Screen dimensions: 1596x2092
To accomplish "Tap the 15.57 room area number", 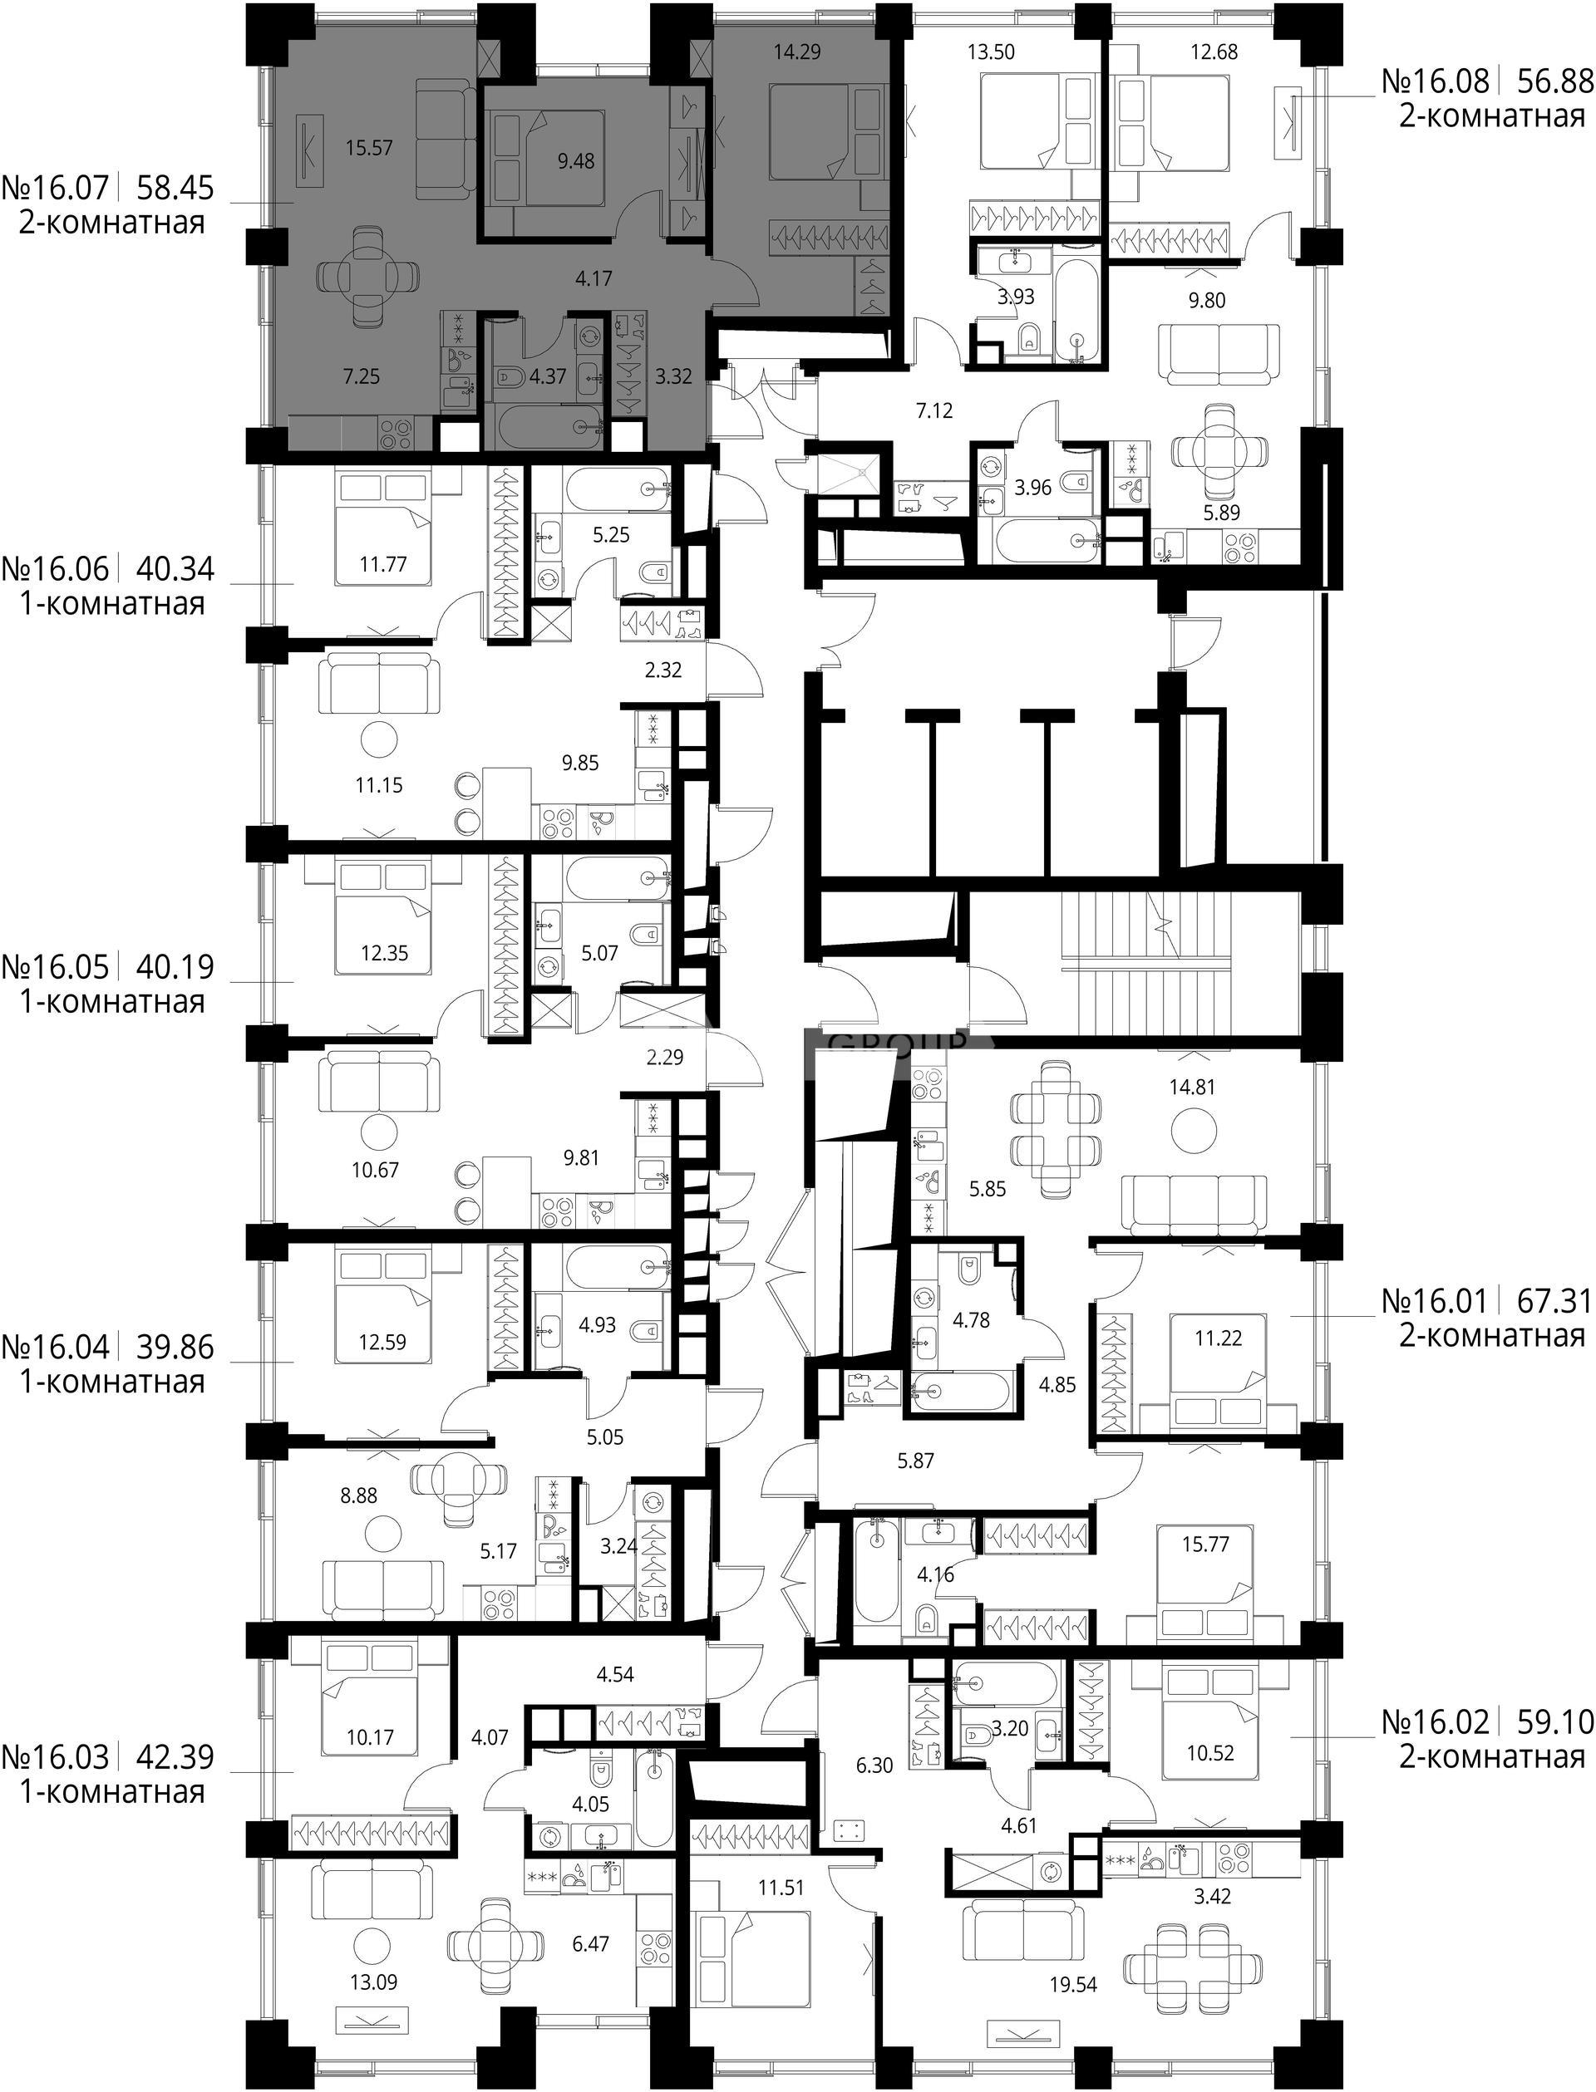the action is click(370, 147).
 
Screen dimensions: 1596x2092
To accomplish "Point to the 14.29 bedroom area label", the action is click(796, 52).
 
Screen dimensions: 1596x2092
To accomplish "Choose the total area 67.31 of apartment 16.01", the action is click(1554, 1300).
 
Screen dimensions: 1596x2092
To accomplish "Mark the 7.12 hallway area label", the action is click(933, 410).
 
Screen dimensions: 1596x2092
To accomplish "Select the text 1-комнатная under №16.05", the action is click(112, 1002).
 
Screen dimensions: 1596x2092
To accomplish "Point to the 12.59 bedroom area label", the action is click(383, 1342).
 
